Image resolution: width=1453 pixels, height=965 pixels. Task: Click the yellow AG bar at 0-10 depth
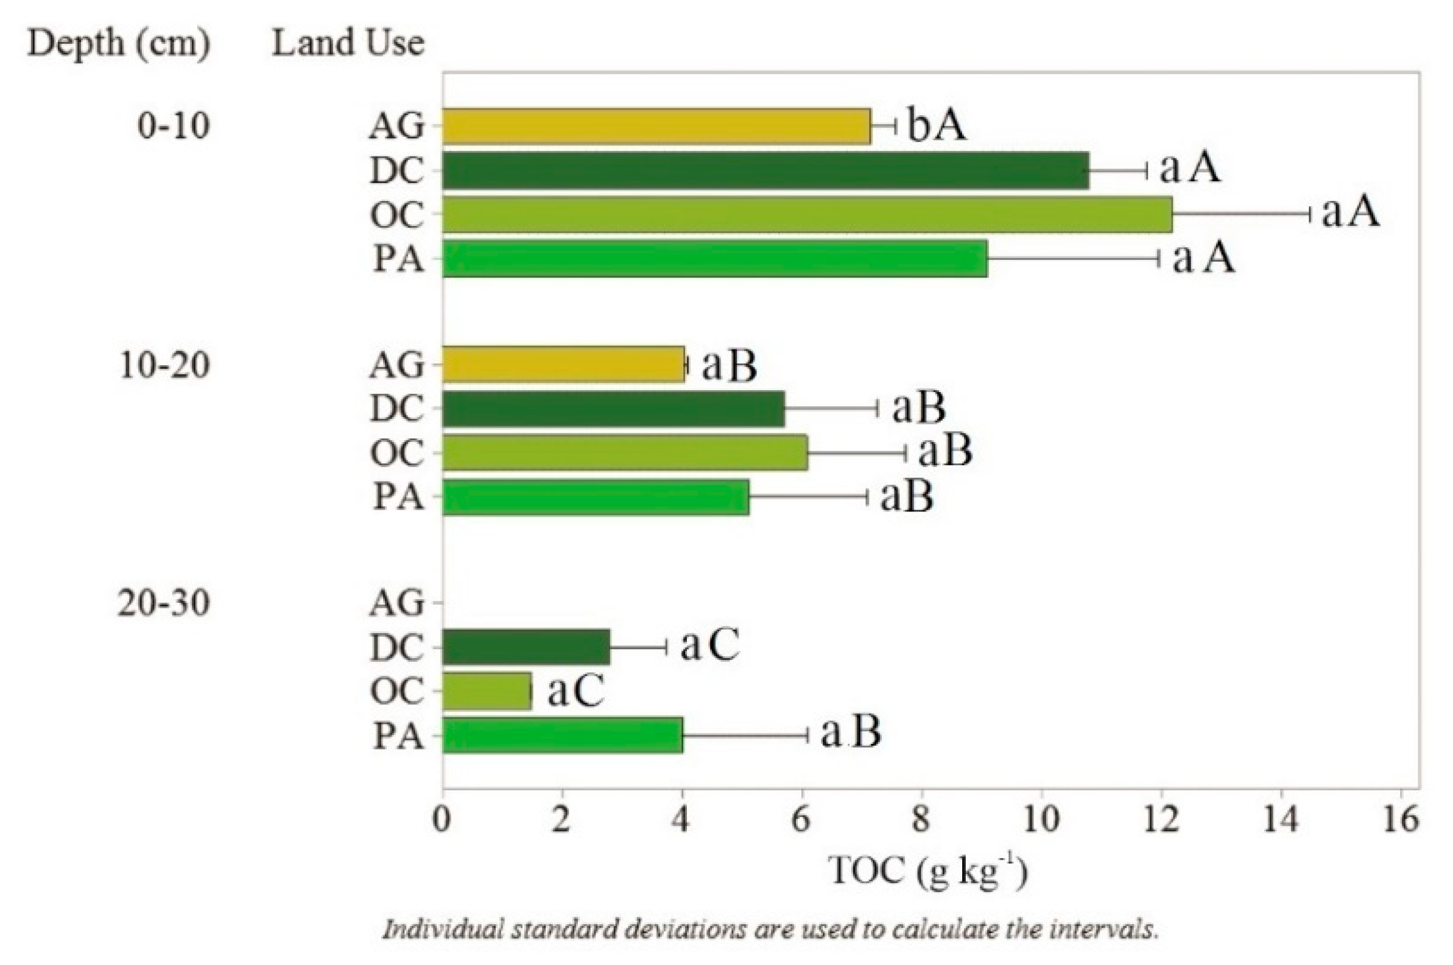656,126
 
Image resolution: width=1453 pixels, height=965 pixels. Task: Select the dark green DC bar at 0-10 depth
765,170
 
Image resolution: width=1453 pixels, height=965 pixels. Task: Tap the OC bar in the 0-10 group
806,215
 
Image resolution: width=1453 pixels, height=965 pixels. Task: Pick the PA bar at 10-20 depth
595,497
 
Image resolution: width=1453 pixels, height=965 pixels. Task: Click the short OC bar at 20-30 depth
486,691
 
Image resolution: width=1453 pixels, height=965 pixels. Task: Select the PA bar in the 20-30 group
562,735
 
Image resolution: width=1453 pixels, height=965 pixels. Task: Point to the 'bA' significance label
936,125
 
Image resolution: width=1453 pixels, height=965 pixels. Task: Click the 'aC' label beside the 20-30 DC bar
709,645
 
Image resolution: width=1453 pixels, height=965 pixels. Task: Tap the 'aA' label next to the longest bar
1349,212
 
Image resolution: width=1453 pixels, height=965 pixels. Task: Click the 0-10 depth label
173,126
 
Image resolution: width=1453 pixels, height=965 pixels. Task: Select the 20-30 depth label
164,603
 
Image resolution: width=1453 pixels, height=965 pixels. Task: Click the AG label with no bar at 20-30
396,603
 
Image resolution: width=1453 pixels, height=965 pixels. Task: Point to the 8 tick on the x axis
921,820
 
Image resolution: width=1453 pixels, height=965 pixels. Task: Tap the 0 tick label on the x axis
442,820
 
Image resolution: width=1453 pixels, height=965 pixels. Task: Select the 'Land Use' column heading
348,43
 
